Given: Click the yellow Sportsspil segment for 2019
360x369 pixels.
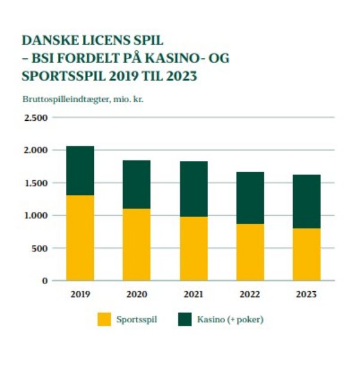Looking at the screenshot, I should tap(80, 237).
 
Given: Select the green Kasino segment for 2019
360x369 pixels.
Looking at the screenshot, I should tap(80, 170).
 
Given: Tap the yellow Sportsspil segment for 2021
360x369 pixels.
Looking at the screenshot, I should tap(193, 248).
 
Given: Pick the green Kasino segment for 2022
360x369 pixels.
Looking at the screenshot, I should tap(250, 197).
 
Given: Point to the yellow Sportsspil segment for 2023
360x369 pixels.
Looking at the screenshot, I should tap(306, 254).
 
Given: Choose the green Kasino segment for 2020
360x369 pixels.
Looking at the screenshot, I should tap(136, 184).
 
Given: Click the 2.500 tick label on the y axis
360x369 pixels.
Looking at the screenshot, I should tap(35, 118).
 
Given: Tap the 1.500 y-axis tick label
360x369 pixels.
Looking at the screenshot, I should tap(35, 183).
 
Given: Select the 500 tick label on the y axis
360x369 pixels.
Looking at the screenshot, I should tap(39, 248).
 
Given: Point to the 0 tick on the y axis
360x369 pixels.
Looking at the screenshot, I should tap(45, 280).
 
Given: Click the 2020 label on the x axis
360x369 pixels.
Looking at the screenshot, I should tap(136, 294).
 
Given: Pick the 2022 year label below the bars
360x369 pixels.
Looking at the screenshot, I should tap(250, 294).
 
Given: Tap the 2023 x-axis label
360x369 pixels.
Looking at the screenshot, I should tap(306, 294).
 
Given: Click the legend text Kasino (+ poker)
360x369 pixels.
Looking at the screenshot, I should tap(230, 319).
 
